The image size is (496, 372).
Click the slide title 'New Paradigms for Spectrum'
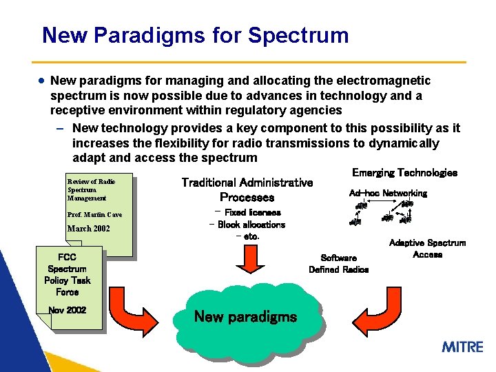pyautogui.click(x=195, y=35)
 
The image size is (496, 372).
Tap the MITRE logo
pyautogui.click(x=462, y=347)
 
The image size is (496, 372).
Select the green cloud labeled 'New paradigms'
pyautogui.click(x=246, y=318)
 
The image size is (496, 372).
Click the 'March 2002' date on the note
pyautogui.click(x=88, y=229)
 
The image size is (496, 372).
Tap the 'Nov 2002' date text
pyautogui.click(x=68, y=310)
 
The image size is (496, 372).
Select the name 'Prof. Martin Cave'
pyautogui.click(x=94, y=215)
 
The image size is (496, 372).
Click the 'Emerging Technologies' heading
pyautogui.click(x=404, y=173)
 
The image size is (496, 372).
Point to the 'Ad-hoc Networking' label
pyautogui.click(x=388, y=194)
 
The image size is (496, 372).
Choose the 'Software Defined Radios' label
pyautogui.click(x=338, y=264)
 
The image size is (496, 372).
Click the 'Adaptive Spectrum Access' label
pyautogui.click(x=427, y=249)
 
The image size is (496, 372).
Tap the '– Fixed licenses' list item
pyautogui.click(x=247, y=213)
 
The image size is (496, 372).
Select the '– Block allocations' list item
pyautogui.click(x=247, y=225)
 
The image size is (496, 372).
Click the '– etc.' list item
pyautogui.click(x=247, y=236)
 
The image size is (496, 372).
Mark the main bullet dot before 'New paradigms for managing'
pyautogui.click(x=42, y=81)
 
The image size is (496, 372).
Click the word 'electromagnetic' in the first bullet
pyautogui.click(x=384, y=81)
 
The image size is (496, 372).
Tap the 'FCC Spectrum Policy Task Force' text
pyautogui.click(x=67, y=275)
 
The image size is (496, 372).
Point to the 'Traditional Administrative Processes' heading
pyautogui.click(x=247, y=189)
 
